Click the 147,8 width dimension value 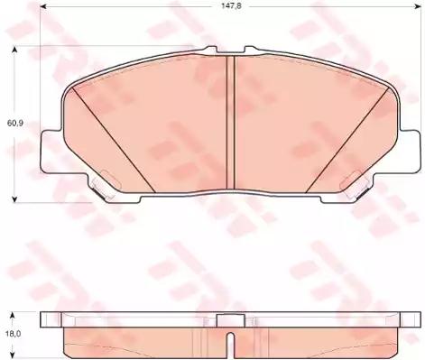point(231,6)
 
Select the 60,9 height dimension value point(14,123)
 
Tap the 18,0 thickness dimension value point(13,334)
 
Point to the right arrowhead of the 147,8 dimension point(417,6)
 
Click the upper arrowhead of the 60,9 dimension point(14,50)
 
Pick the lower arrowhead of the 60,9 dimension point(14,198)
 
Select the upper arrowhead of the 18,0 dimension point(13,315)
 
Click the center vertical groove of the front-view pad point(230,123)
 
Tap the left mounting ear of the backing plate point(52,152)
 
